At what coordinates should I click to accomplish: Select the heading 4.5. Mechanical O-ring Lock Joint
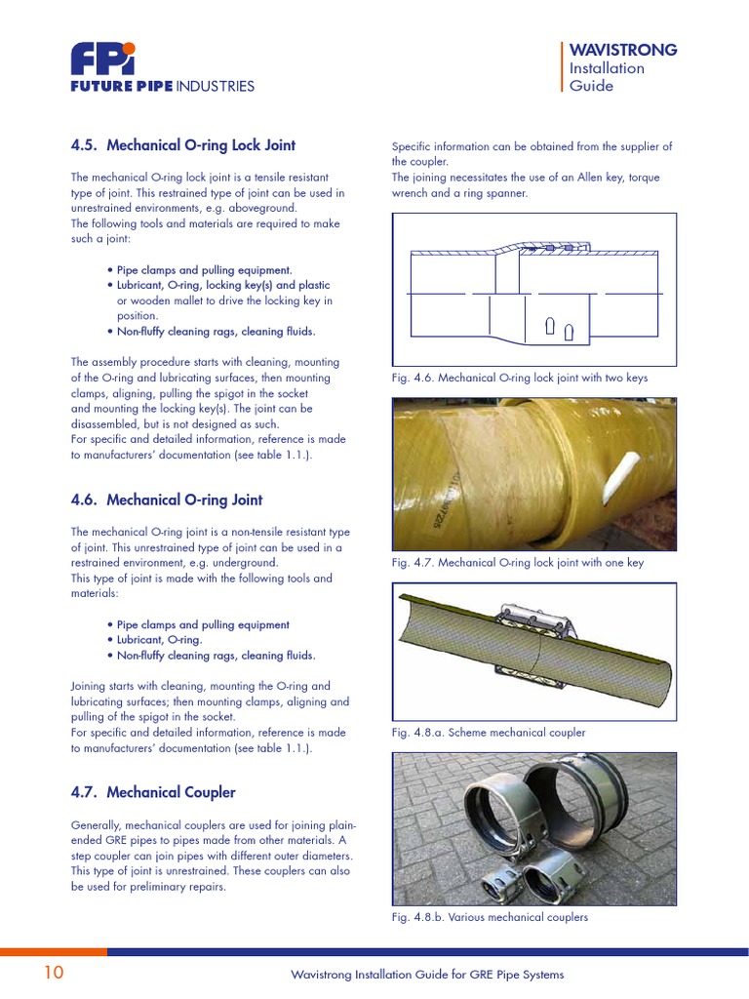pos(182,145)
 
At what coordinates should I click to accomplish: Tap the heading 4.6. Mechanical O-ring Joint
pos(166,499)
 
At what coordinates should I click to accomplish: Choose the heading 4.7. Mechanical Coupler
pos(153,792)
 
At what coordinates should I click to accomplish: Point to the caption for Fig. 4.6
pos(519,378)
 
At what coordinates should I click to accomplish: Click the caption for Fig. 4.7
pos(517,563)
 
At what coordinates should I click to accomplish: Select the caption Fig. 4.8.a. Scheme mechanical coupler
pos(488,732)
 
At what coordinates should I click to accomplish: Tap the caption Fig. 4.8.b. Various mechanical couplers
pos(490,917)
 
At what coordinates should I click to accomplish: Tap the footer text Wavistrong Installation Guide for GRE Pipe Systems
pos(427,975)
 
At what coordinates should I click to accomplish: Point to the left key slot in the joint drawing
pos(551,325)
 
